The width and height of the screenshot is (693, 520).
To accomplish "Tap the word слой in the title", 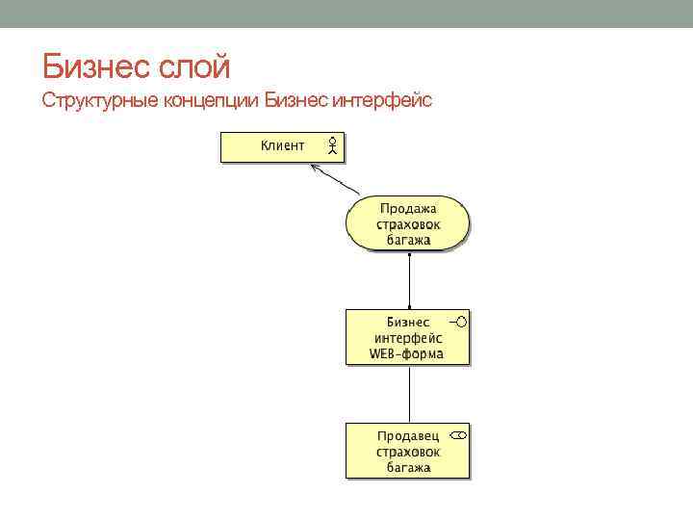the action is tap(197, 67).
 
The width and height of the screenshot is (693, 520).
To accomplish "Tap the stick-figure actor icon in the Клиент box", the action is tap(331, 145).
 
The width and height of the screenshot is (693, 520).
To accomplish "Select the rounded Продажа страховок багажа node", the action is tap(408, 223).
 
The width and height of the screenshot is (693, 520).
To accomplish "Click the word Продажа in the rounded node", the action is tap(408, 208).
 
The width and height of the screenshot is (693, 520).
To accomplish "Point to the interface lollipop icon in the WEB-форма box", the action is tap(458, 321).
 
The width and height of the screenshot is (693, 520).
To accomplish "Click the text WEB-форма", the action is tap(407, 353).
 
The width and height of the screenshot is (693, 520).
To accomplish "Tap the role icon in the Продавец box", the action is tap(458, 435).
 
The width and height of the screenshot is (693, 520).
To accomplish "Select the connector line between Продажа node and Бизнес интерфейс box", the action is tap(409, 280).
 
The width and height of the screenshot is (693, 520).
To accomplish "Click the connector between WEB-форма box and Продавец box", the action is tap(409, 393).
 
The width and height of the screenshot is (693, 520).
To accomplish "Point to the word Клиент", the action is tap(282, 145).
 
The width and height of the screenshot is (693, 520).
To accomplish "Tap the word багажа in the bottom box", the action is tap(408, 467).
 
